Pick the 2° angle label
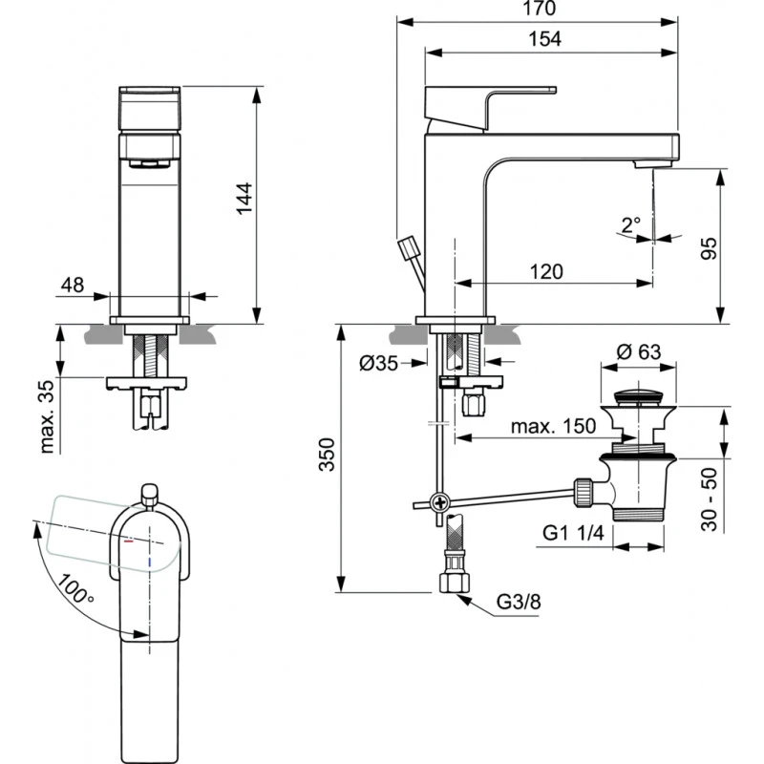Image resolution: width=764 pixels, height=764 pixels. click(x=630, y=225)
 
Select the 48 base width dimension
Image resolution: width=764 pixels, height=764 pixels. click(x=72, y=285)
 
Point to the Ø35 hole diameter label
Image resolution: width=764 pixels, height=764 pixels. click(x=379, y=363)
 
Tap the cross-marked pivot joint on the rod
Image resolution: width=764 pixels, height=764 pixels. click(x=439, y=501)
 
